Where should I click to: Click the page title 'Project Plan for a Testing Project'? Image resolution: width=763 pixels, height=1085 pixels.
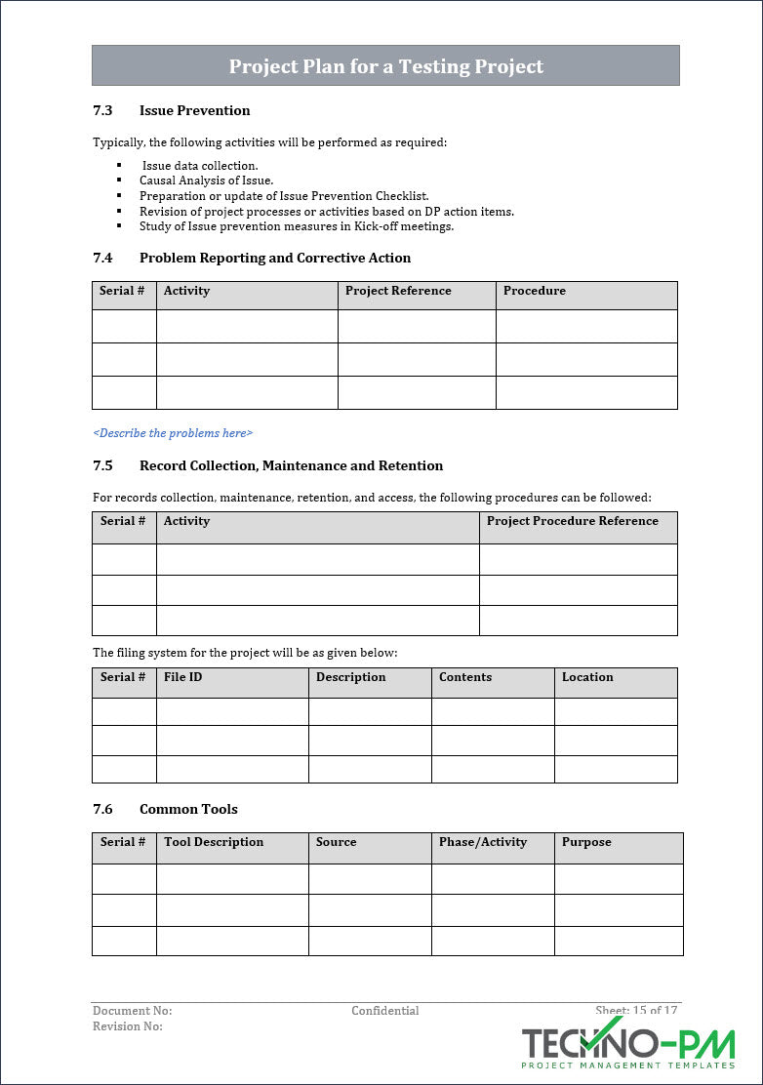[x=385, y=66]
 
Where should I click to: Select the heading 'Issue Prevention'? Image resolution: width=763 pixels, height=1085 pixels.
[x=194, y=110]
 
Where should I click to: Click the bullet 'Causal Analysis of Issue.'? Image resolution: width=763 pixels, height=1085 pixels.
[x=206, y=181]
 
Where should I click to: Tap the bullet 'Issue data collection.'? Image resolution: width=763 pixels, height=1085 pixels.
[x=200, y=166]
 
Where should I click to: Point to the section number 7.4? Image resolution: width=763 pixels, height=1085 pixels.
[x=102, y=258]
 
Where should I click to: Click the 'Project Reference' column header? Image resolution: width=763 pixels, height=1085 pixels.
[x=398, y=291]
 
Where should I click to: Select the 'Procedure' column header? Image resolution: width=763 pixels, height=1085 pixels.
[x=534, y=291]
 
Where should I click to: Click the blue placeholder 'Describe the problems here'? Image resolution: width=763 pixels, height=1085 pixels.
[x=173, y=432]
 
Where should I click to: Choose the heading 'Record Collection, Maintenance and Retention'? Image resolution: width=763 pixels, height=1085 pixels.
[x=291, y=465]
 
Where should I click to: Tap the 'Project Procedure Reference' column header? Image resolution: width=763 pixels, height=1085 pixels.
[x=572, y=521]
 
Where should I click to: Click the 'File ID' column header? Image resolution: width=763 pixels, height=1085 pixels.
[x=182, y=677]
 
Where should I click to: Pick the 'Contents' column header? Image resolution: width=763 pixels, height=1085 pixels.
[x=465, y=677]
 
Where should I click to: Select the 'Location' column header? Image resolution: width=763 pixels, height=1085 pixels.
[x=587, y=677]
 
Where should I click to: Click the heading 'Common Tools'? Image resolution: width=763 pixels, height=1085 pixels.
[x=188, y=809]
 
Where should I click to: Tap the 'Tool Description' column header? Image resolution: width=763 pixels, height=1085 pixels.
[x=214, y=842]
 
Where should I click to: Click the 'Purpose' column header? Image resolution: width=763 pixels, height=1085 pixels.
[x=586, y=842]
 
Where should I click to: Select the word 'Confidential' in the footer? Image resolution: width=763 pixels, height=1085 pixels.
[x=385, y=1011]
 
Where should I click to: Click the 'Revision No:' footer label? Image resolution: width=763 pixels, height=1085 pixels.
[x=128, y=1026]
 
